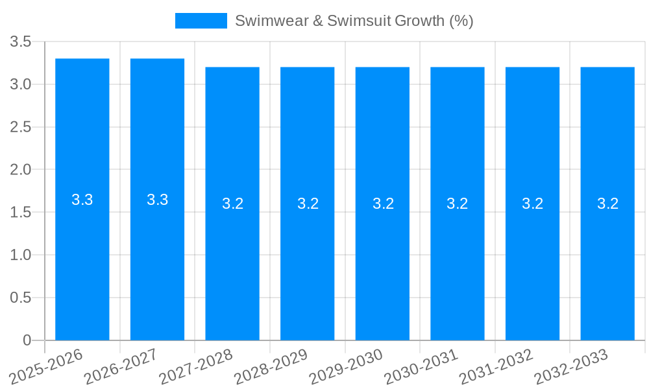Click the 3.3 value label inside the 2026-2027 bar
tap(158, 200)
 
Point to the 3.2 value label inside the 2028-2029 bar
tap(308, 204)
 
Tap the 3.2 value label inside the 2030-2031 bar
tap(458, 204)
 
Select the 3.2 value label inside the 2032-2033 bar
tap(607, 204)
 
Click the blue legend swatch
tap(201, 21)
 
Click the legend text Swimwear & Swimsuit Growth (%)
tap(354, 21)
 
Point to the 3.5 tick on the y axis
tap(21, 42)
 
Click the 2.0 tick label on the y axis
tap(21, 170)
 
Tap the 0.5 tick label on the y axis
tap(21, 298)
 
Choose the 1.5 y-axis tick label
tap(21, 213)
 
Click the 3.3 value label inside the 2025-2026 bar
tap(82, 200)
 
